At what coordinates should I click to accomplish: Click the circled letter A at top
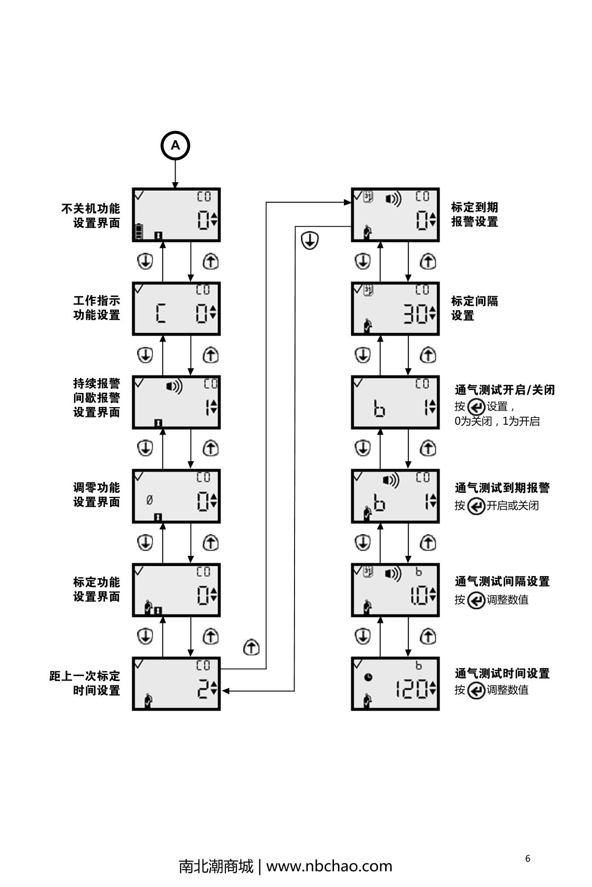175,146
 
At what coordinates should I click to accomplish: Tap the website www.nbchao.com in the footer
329,866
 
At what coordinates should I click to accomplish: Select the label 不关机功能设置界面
91,216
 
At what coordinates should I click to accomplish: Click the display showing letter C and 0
176,309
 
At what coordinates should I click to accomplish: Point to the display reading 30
395,309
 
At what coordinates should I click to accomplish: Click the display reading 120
395,684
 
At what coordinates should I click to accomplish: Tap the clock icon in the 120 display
368,678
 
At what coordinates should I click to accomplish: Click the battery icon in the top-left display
139,231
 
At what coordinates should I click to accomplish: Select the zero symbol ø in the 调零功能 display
149,500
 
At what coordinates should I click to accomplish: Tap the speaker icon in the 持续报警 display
174,387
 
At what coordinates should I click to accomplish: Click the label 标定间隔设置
474,308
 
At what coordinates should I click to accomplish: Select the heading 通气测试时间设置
502,673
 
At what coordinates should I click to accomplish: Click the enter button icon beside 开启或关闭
476,506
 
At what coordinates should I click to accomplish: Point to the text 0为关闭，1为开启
497,421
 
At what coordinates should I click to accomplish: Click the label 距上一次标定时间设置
85,683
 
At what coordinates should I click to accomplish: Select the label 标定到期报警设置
474,214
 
